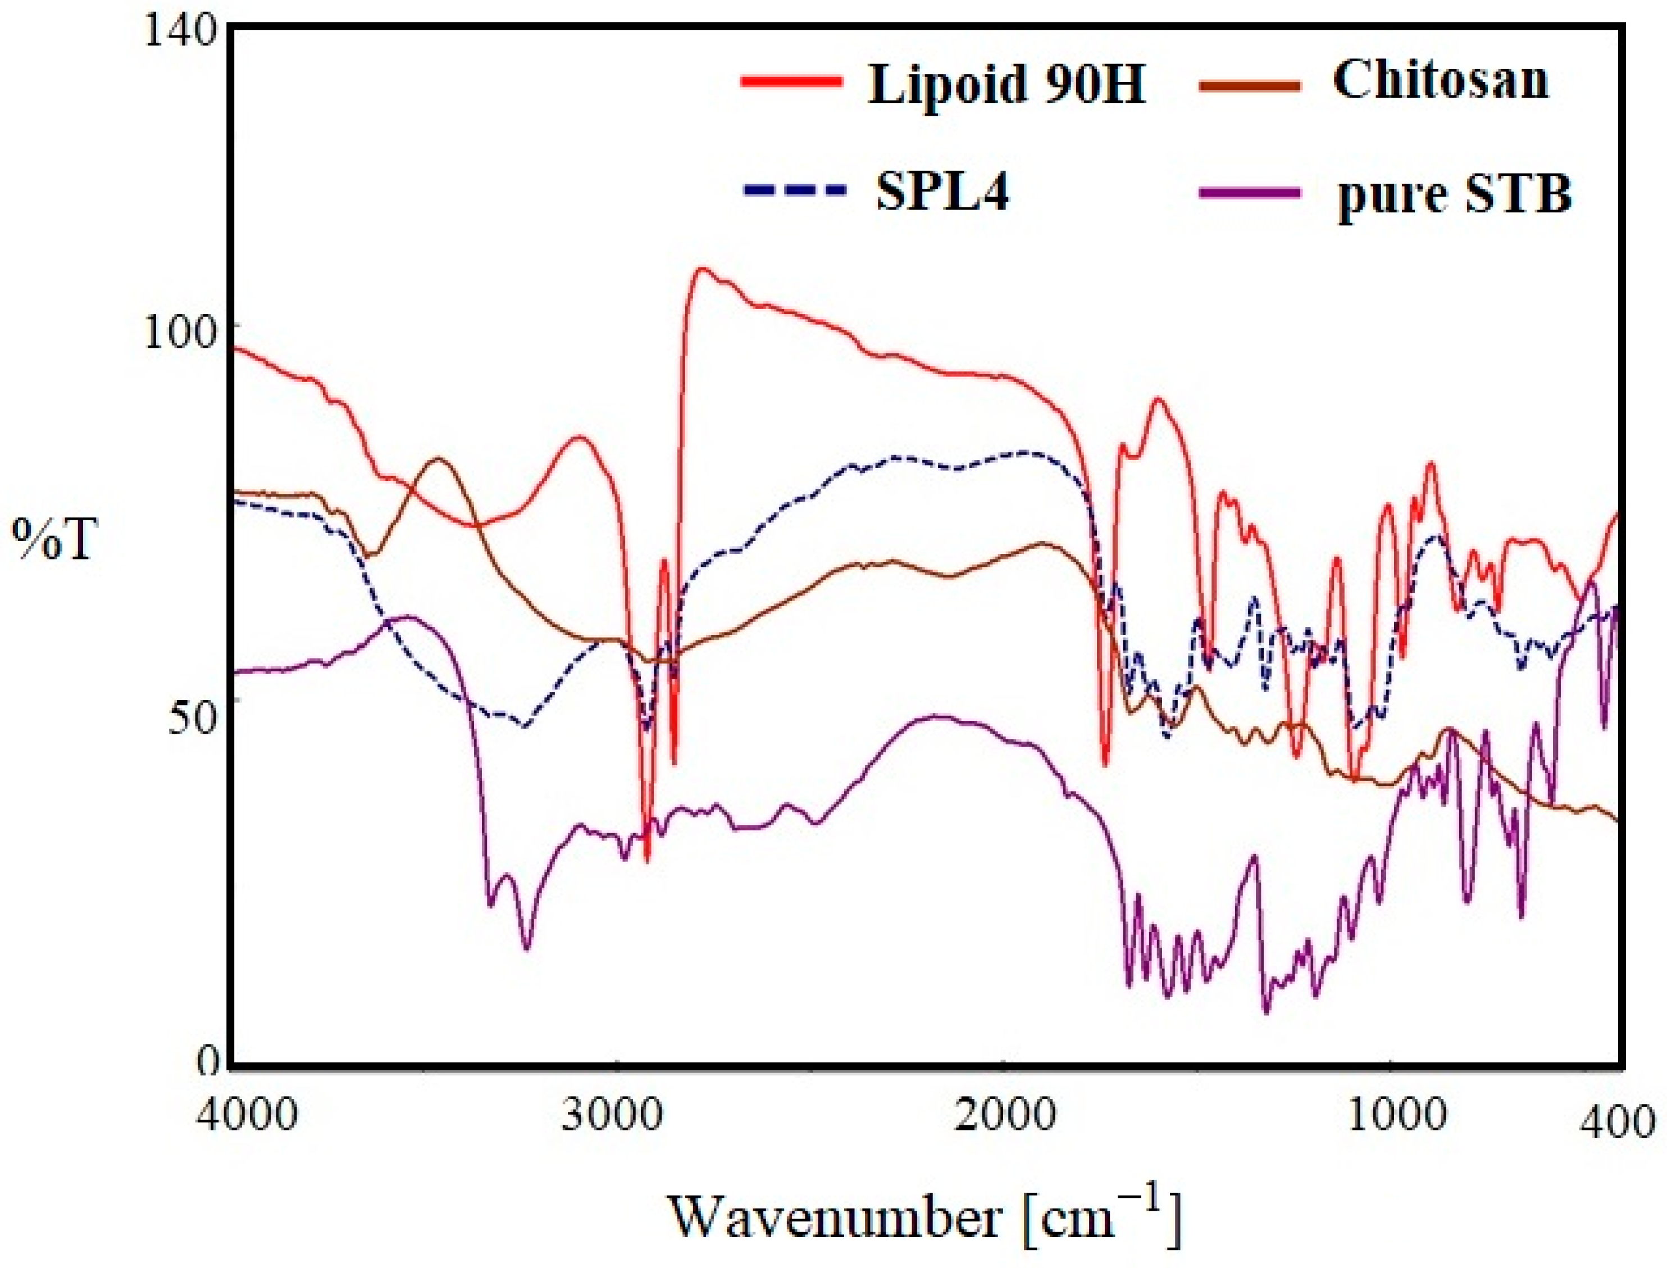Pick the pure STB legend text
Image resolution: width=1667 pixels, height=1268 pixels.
[x=1454, y=195]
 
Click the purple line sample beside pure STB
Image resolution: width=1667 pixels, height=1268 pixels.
[x=1250, y=193]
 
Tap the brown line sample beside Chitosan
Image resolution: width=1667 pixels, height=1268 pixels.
[x=1250, y=84]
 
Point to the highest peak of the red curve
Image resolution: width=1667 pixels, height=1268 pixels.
[x=703, y=268]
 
